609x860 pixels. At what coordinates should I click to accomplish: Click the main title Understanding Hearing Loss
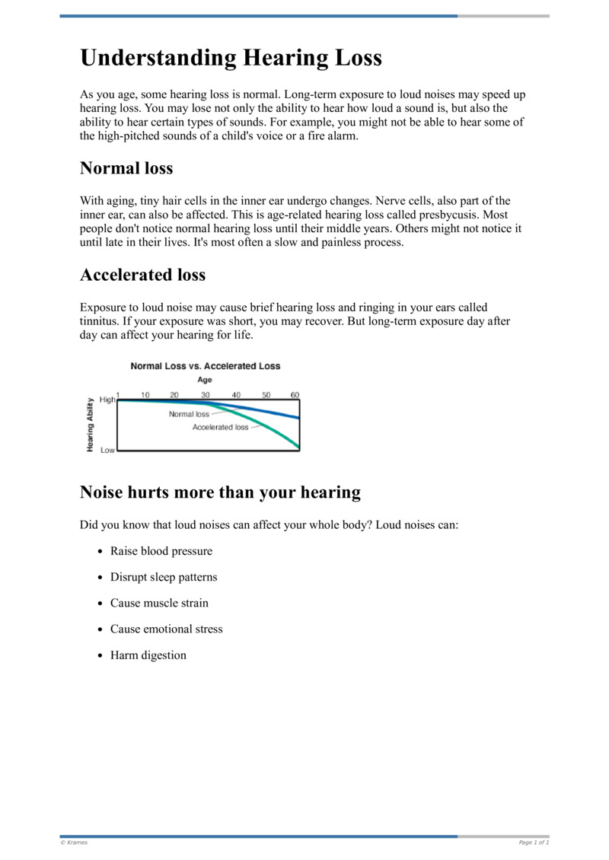click(231, 58)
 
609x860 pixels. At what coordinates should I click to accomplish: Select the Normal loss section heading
click(126, 167)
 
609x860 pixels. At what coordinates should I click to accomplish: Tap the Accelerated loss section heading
click(142, 275)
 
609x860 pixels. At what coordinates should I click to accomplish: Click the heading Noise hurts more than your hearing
click(220, 492)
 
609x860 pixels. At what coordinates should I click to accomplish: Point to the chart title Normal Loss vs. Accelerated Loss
click(206, 366)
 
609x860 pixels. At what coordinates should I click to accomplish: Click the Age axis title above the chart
click(205, 380)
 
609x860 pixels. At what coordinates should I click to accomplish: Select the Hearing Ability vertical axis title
click(91, 425)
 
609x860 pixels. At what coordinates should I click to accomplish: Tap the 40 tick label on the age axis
click(236, 395)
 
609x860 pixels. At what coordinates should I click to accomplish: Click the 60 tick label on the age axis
click(295, 395)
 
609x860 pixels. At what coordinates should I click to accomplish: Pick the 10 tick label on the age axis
click(145, 395)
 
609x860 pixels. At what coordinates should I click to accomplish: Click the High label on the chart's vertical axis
click(107, 400)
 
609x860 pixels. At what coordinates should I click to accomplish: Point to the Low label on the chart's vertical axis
click(107, 451)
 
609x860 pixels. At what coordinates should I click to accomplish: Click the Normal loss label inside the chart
click(188, 414)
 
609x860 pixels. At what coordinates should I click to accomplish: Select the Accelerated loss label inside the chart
click(220, 428)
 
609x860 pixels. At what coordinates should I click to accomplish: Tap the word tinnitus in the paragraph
click(100, 321)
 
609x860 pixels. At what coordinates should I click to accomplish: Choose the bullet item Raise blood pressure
click(161, 551)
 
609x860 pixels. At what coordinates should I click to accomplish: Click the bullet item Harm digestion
click(148, 655)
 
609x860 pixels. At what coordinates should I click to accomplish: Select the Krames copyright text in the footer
click(75, 842)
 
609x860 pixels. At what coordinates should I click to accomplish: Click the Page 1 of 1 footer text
click(533, 842)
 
